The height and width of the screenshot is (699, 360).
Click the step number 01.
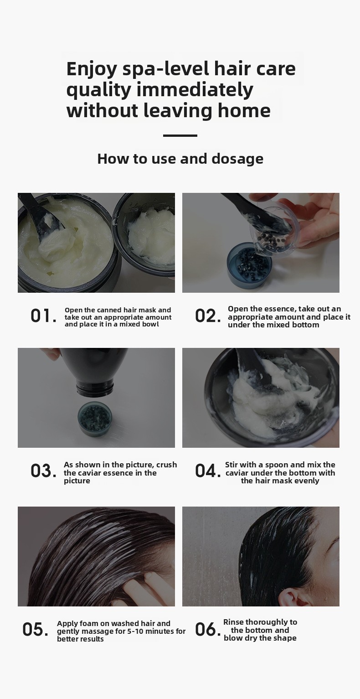[x=43, y=316]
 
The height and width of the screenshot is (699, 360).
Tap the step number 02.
[x=208, y=316]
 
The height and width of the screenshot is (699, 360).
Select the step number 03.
[x=43, y=471]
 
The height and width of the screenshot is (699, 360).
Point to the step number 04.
[x=208, y=471]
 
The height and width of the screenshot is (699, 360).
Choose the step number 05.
[x=35, y=629]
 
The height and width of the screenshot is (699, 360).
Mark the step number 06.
[x=208, y=629]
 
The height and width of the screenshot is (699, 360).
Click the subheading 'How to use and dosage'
[x=180, y=159]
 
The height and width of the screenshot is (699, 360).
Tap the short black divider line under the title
[x=180, y=136]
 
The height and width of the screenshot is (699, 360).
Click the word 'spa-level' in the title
[x=166, y=70]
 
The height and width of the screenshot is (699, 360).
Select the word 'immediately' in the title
[x=195, y=90]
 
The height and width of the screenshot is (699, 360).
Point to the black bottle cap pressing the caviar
[x=95, y=389]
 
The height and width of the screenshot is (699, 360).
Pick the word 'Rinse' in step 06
[x=233, y=622]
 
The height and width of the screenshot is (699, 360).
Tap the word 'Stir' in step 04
[x=231, y=465]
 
